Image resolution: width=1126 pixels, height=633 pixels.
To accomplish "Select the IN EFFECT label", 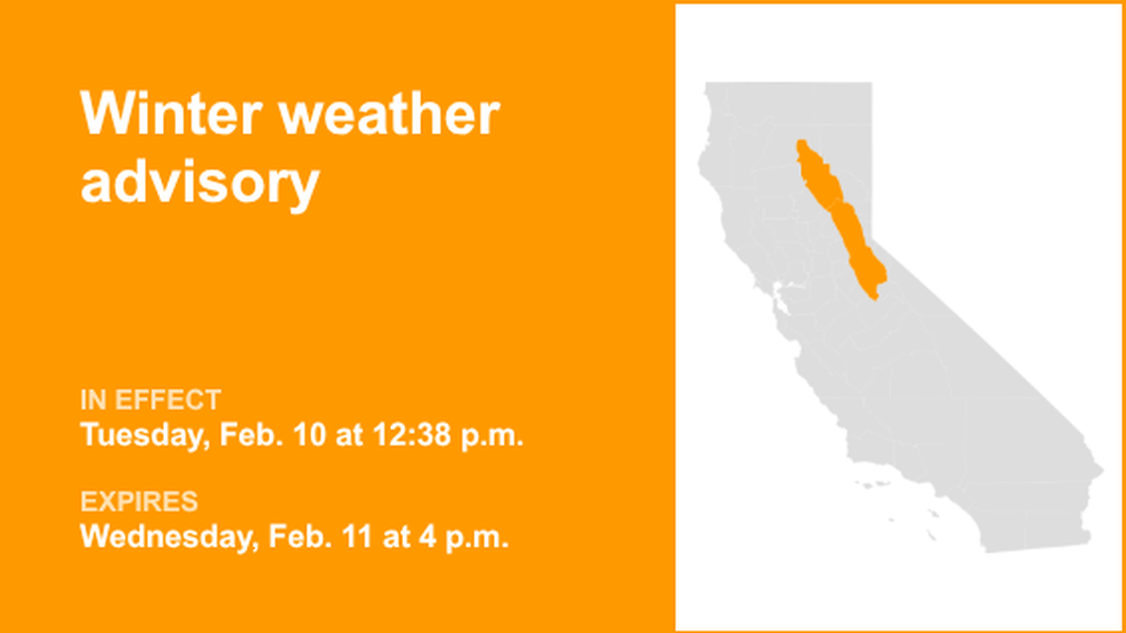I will click(x=150, y=400).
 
